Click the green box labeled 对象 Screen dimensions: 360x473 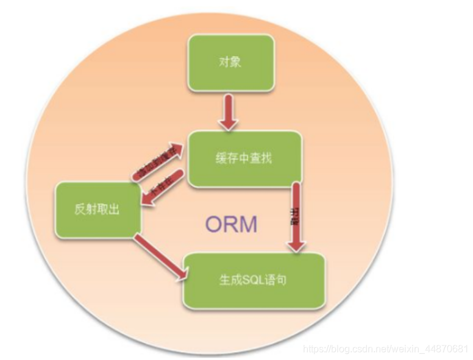(230, 62)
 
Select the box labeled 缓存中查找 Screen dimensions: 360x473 (244, 159)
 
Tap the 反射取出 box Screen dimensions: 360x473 (98, 210)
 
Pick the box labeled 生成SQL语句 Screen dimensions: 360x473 (254, 281)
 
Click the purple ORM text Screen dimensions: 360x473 (231, 224)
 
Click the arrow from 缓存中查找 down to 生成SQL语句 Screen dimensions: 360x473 (297, 216)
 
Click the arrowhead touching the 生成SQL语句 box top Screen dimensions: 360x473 (297, 245)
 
